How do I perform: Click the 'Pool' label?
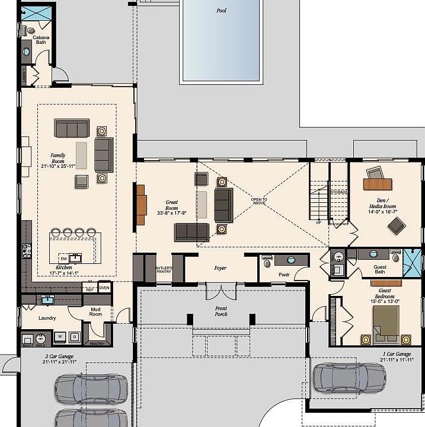(222, 11)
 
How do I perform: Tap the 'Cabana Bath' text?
(41, 40)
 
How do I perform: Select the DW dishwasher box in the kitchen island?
(63, 259)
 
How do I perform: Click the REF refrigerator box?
(90, 289)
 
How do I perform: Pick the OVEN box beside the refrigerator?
(104, 288)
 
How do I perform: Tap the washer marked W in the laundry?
(60, 336)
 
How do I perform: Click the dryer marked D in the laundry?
(74, 336)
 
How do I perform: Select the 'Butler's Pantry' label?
(164, 270)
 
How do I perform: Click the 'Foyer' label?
(221, 268)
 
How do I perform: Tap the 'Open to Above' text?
(259, 201)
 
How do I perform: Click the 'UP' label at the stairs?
(318, 223)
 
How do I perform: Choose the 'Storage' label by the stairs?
(338, 192)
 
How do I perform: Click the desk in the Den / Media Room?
(379, 184)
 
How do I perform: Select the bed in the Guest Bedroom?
(385, 325)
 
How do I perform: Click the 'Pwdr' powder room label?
(283, 275)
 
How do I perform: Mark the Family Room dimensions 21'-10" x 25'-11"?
(57, 167)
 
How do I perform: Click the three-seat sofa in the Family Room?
(72, 128)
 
